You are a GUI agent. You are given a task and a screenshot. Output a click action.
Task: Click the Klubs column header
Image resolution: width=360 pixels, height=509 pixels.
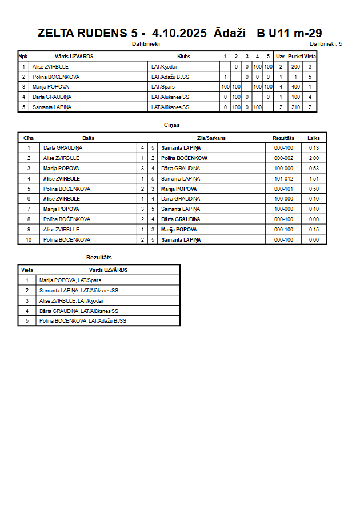point(184,57)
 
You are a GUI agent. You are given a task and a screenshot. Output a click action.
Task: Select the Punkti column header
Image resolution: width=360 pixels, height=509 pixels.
point(295,57)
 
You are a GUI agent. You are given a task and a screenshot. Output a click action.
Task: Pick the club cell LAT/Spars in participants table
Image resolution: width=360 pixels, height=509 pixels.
point(163,87)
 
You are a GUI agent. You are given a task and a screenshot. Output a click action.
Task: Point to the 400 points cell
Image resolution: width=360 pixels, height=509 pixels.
point(295,87)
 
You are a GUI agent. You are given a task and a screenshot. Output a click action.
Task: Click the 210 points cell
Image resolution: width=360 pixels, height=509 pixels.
point(295,107)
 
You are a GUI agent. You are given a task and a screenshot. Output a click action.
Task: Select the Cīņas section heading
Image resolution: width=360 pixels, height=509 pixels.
point(172,125)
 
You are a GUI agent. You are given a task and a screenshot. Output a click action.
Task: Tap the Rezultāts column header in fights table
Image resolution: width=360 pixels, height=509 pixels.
point(283,138)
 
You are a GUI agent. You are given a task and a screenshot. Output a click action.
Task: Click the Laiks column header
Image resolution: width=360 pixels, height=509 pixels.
point(314,138)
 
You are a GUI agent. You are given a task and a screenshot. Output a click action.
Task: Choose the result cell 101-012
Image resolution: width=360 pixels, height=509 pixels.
point(283,178)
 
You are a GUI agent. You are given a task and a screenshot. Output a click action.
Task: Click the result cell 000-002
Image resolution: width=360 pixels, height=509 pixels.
point(283,158)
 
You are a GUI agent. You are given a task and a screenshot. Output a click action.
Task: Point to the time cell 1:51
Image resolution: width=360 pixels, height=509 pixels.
point(314,178)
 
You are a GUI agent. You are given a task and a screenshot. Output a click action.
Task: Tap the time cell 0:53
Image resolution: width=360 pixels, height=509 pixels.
point(314,169)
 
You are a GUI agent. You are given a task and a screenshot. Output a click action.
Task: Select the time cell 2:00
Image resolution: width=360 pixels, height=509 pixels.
point(314,158)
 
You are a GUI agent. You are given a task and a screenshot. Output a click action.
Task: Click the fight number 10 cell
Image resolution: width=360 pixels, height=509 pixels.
point(29,240)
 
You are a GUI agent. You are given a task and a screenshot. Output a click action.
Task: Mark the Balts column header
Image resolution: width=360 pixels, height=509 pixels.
point(89,138)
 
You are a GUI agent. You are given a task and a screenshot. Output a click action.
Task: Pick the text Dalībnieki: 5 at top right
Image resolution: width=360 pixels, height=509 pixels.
point(326,43)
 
